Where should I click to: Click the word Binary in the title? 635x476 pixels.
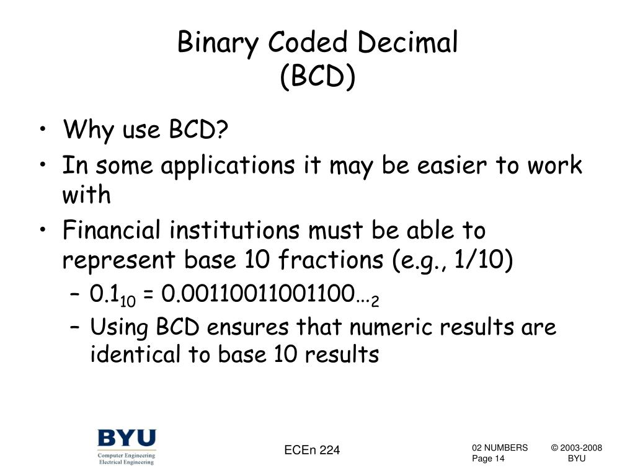pyautogui.click(x=218, y=43)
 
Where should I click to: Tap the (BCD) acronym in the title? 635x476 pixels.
pyautogui.click(x=318, y=76)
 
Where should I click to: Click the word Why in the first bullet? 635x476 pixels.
pyautogui.click(x=88, y=130)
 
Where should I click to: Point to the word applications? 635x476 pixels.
pyautogui.click(x=228, y=166)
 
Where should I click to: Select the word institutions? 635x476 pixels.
pyautogui.click(x=234, y=230)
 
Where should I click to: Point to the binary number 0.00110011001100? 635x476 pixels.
pyautogui.click(x=258, y=293)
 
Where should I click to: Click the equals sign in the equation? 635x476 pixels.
pyautogui.click(x=148, y=294)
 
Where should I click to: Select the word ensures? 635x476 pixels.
pyautogui.click(x=248, y=327)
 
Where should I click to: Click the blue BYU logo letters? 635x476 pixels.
pyautogui.click(x=127, y=438)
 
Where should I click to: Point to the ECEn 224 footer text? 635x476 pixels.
pyautogui.click(x=312, y=450)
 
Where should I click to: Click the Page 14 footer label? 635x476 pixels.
pyautogui.click(x=488, y=459)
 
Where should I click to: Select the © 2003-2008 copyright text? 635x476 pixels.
pyautogui.click(x=576, y=447)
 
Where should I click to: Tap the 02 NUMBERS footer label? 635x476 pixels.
pyautogui.click(x=500, y=447)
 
